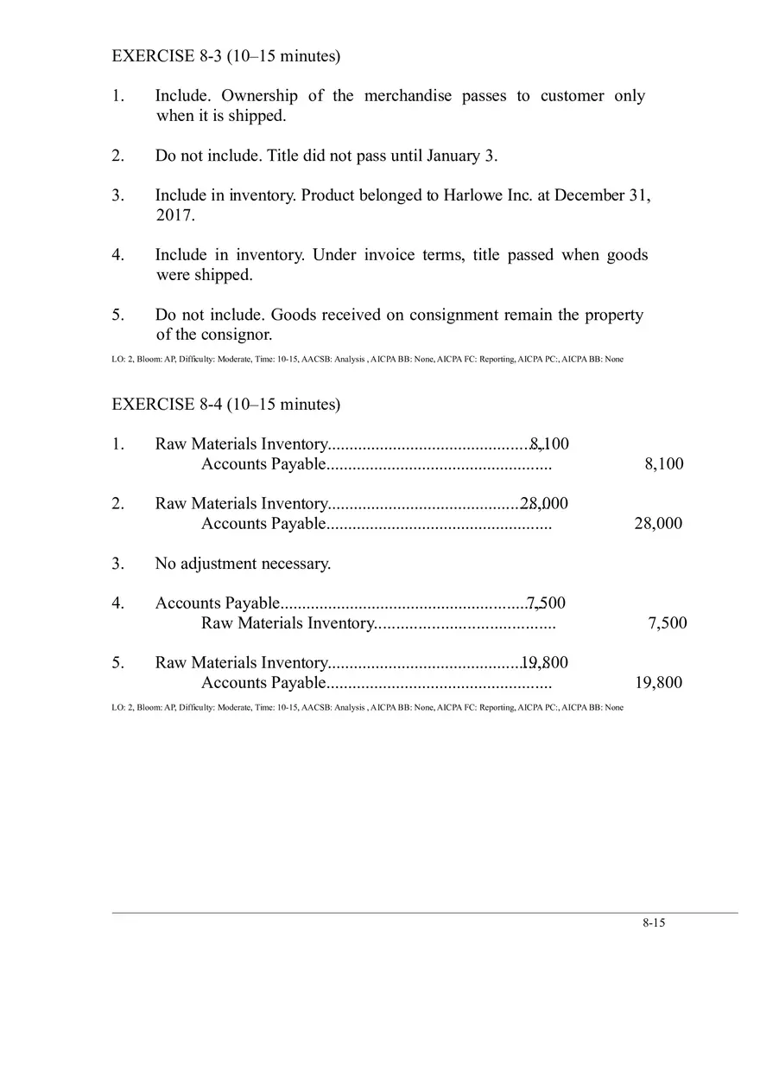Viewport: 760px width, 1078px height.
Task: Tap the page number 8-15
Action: (653, 922)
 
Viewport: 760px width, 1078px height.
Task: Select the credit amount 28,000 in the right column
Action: (657, 523)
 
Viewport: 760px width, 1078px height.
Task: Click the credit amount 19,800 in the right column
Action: (657, 682)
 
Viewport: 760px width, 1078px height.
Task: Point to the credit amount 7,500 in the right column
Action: (667, 622)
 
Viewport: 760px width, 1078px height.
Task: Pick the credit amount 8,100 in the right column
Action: (663, 463)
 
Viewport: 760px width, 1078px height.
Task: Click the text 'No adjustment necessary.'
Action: (243, 564)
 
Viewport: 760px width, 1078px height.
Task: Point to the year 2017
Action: (174, 215)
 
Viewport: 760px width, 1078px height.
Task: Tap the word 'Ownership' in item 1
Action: (259, 96)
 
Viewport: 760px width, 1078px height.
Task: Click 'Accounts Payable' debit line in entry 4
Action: (217, 603)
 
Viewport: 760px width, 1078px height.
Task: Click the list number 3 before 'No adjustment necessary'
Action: (117, 564)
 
